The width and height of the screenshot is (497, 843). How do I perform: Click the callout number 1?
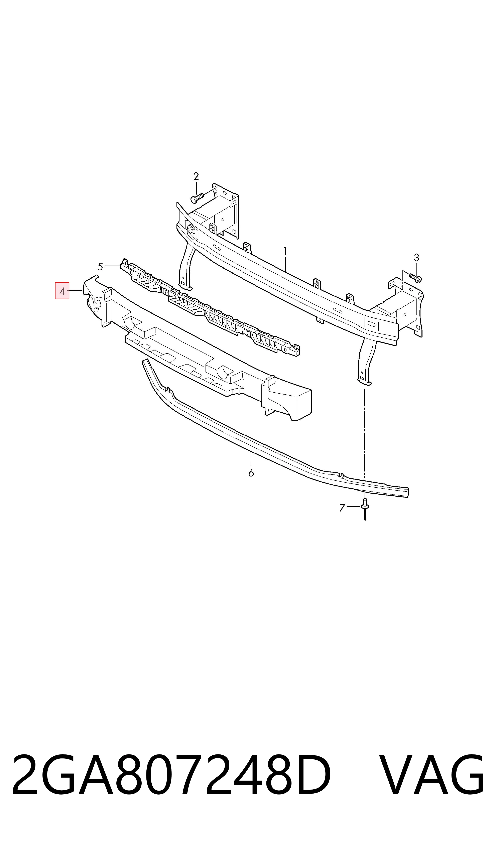click(285, 251)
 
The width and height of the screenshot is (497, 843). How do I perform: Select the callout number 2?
click(196, 176)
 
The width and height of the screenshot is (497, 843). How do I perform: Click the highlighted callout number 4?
click(62, 291)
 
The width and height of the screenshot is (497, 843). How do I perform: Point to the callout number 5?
click(100, 267)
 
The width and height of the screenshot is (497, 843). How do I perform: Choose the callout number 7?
click(342, 508)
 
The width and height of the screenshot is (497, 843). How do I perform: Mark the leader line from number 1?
click(285, 264)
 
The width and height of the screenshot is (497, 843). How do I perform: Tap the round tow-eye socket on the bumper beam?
click(192, 230)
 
